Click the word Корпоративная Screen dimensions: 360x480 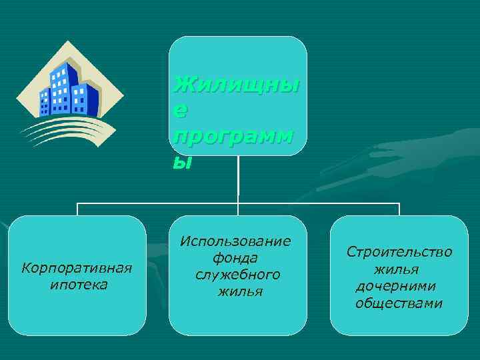point(77,268)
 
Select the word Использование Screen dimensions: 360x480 point(236,241)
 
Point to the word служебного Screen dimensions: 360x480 point(238,275)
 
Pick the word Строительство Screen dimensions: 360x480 point(399,252)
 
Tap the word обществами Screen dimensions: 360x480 point(399,303)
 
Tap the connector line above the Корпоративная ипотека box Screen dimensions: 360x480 point(78,209)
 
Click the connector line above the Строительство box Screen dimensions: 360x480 point(399,209)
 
